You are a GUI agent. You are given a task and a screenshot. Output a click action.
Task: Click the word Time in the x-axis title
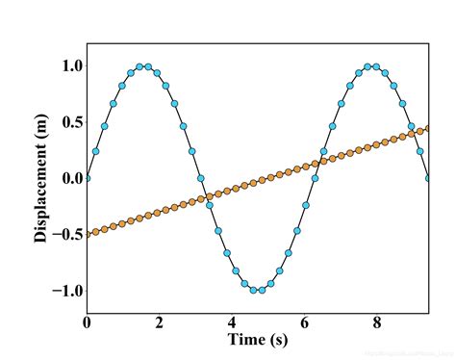(x=246, y=340)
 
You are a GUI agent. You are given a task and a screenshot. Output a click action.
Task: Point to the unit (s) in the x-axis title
(x=278, y=340)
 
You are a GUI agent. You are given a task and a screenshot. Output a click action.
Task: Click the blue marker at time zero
(x=87, y=178)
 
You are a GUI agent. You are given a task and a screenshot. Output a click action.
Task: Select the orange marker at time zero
(x=87, y=234)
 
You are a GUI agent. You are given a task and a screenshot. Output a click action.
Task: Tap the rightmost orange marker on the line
(x=427, y=128)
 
